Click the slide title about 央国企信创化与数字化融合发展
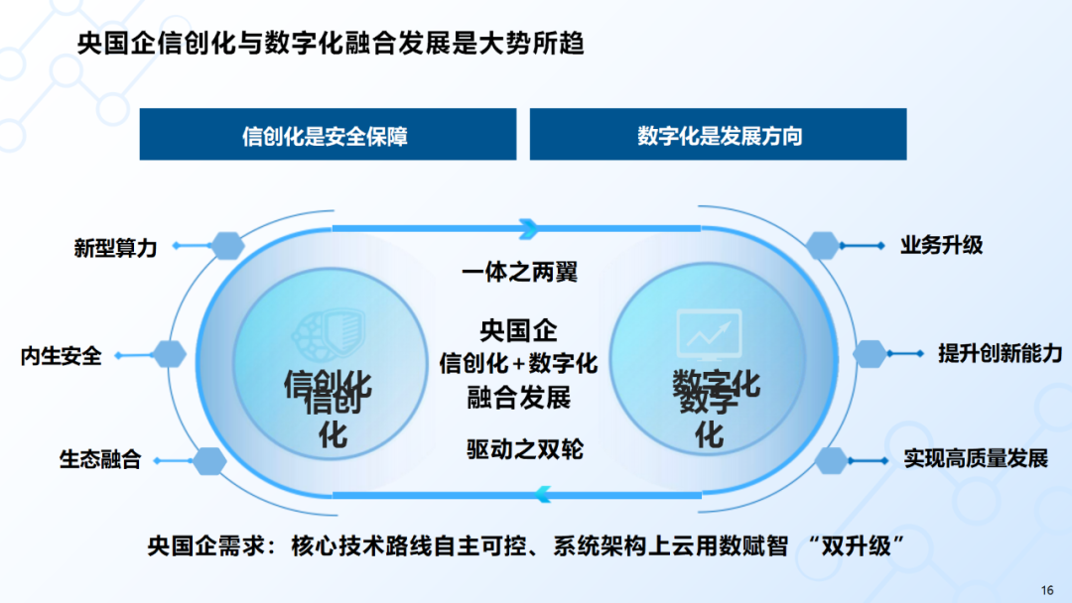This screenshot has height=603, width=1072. click(332, 45)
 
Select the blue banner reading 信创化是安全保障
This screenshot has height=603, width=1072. click(327, 135)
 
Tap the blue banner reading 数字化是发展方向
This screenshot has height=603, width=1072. click(719, 135)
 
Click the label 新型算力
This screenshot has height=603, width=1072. click(115, 247)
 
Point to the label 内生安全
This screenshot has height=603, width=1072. click(61, 354)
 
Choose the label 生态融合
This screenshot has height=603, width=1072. click(100, 459)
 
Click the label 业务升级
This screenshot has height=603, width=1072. click(941, 244)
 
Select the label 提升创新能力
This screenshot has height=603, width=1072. click(1000, 352)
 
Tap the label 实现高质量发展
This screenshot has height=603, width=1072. click(976, 458)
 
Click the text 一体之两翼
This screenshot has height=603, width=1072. click(519, 272)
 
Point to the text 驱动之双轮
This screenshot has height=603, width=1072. click(524, 448)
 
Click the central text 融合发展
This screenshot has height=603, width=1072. click(519, 398)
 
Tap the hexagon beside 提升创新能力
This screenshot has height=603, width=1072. click(870, 352)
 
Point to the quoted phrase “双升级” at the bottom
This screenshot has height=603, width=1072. click(862, 544)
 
